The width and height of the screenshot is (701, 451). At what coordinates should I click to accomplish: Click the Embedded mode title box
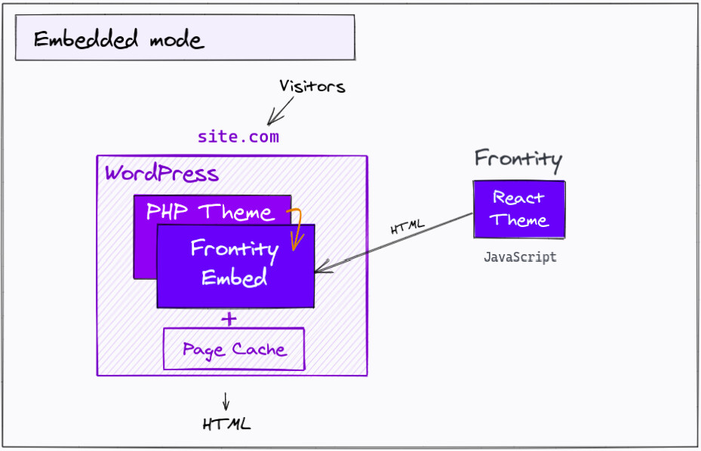pos(185,38)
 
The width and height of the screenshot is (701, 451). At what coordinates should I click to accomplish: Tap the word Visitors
pos(312,86)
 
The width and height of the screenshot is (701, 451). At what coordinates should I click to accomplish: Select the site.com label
pos(238,137)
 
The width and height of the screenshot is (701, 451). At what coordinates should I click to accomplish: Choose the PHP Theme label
pos(209,212)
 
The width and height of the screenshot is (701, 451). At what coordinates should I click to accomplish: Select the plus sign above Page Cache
pos(229,319)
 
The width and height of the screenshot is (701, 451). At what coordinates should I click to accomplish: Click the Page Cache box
pos(234,349)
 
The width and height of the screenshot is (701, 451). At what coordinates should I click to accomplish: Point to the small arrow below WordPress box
pos(226,400)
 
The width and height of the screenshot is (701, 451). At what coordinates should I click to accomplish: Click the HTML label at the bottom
pos(226,424)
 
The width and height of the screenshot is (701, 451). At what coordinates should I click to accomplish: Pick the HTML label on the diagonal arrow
pos(407,227)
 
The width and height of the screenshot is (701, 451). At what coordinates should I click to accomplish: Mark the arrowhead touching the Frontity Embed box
pos(320,267)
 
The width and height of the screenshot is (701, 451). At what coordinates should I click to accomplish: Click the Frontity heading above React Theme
pos(518,159)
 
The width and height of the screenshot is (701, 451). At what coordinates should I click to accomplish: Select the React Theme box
pos(519,210)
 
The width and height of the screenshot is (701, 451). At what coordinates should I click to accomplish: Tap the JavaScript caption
pos(520,257)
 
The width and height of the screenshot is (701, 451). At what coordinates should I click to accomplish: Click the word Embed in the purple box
pos(235,278)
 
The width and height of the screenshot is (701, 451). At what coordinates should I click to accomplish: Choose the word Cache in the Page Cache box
pos(259,349)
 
